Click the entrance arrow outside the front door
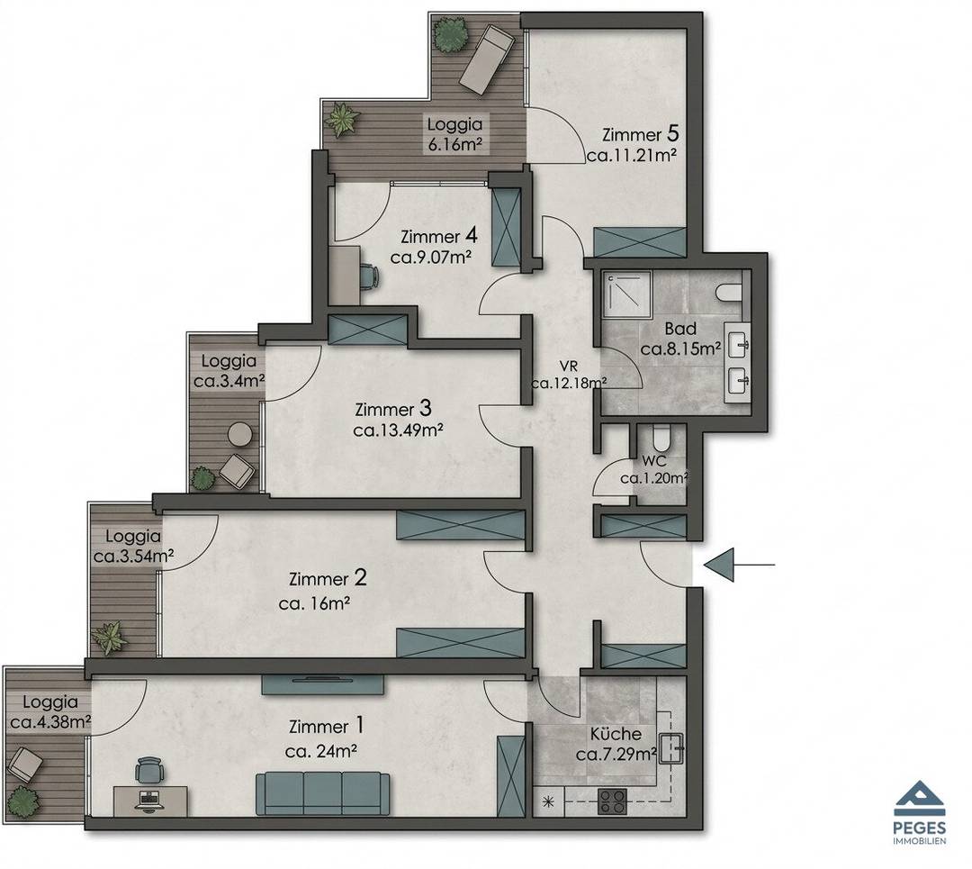[739, 565]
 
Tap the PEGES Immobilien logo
[919, 812]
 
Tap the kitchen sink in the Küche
[672, 748]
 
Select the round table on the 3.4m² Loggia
[238, 434]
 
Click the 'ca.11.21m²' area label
[631, 155]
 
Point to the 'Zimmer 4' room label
[439, 236]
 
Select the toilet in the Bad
[728, 291]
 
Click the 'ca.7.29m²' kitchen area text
[616, 755]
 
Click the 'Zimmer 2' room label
[328, 579]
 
